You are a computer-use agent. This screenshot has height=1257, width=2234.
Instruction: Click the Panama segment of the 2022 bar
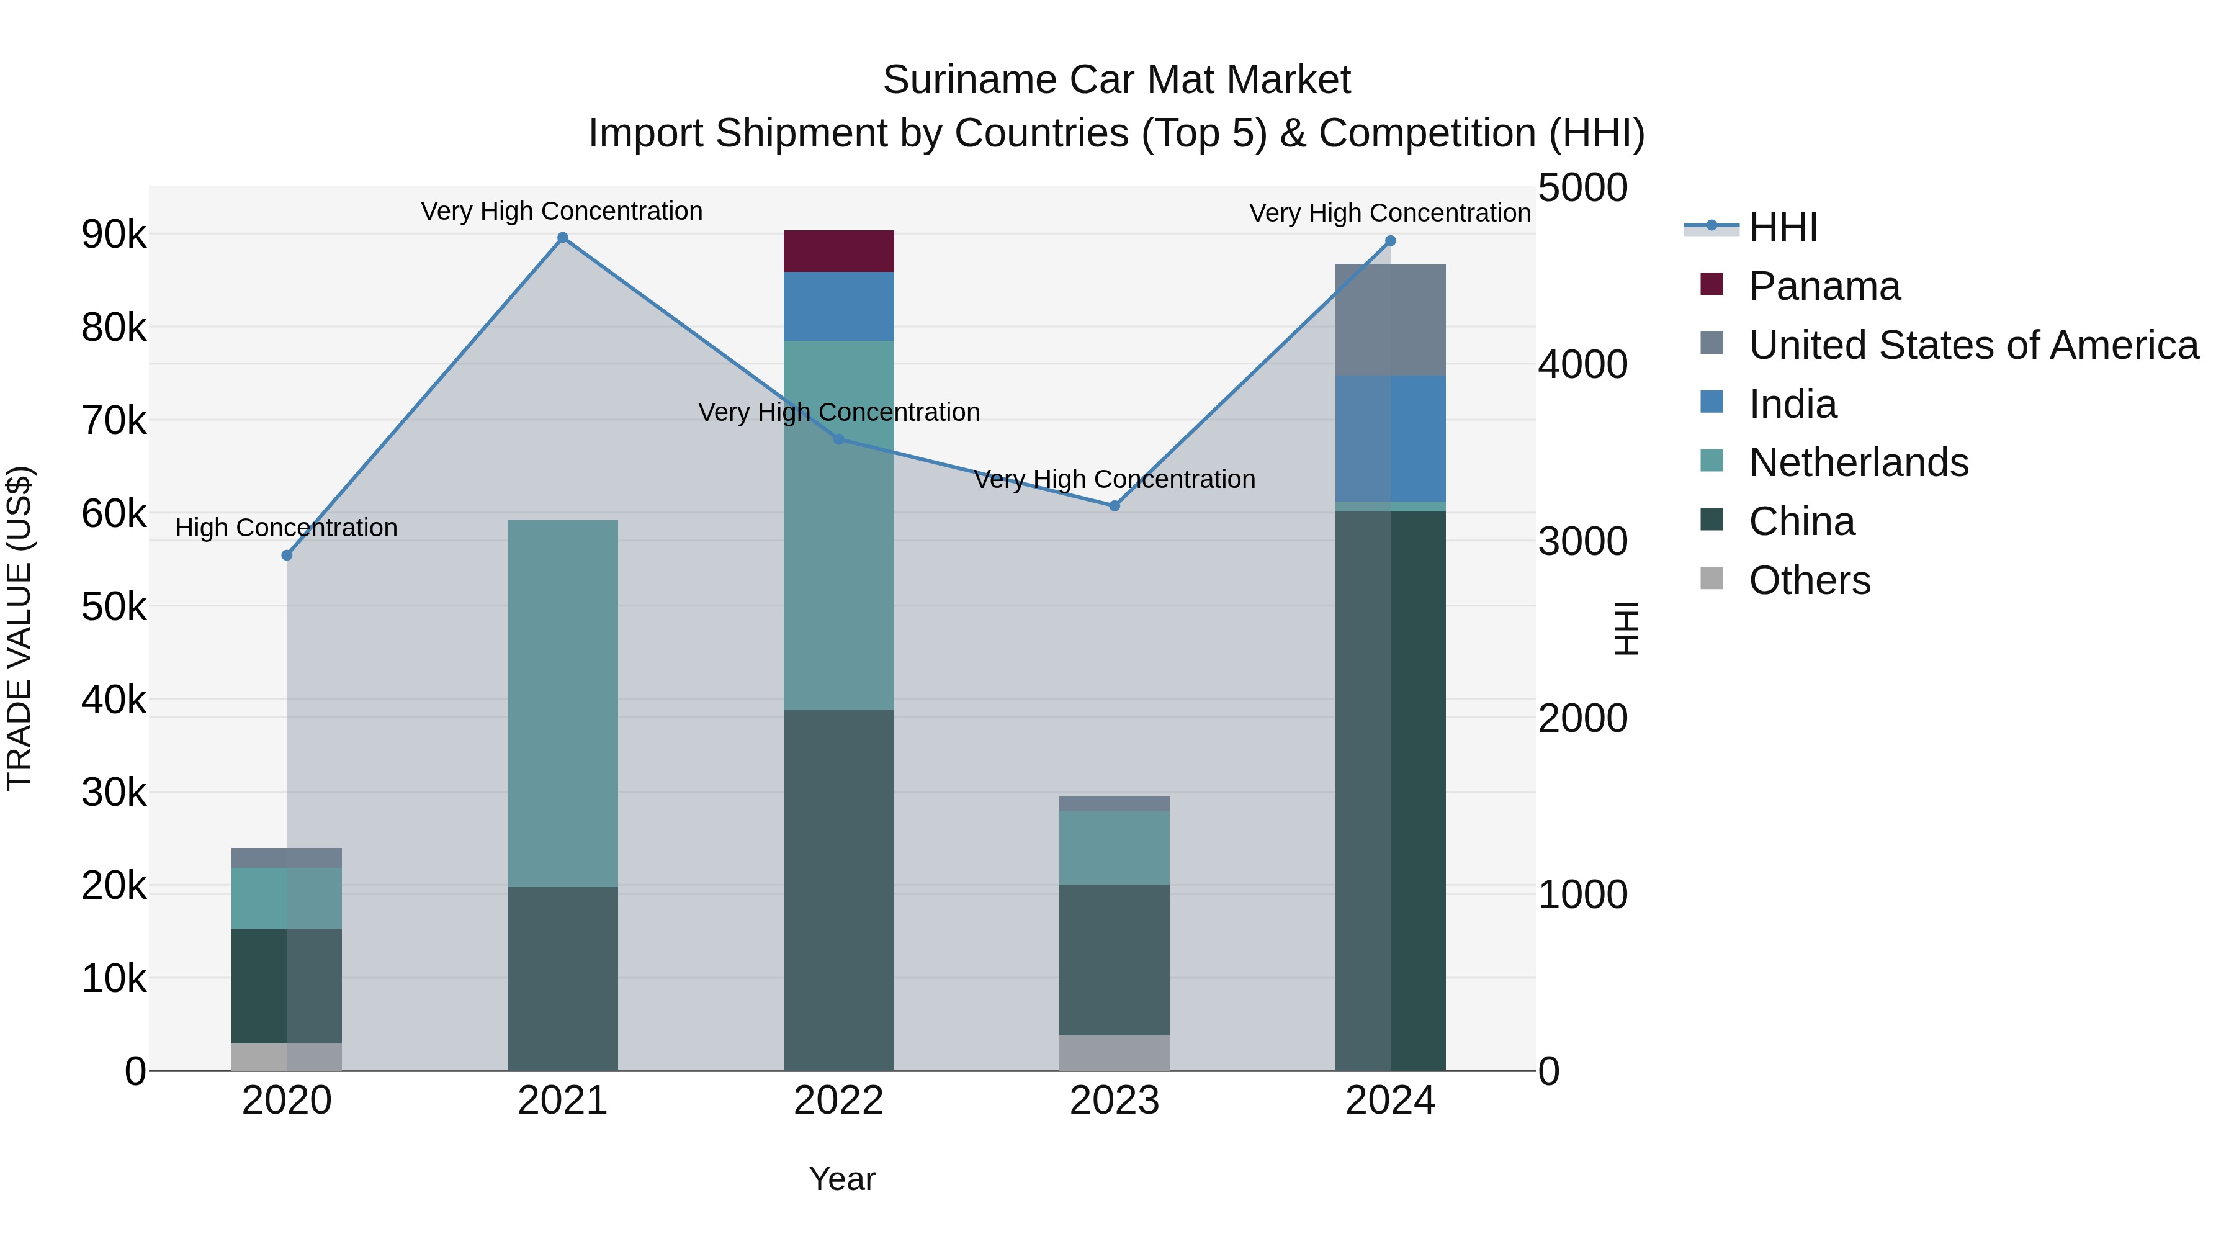[x=838, y=251]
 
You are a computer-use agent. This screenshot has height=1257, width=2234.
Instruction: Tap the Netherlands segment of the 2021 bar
[x=562, y=703]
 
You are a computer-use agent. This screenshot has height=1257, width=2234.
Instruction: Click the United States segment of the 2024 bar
[x=1390, y=319]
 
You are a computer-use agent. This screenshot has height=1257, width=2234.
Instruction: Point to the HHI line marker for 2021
[x=562, y=238]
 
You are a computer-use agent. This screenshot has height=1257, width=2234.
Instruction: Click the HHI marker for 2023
[x=1115, y=506]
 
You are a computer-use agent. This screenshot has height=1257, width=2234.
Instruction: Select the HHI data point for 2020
[x=287, y=555]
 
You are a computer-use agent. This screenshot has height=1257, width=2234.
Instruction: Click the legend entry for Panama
[x=1824, y=286]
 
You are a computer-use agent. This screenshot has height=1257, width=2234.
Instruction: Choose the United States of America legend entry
[x=1973, y=345]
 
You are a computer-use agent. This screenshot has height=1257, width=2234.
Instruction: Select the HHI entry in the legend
[x=1782, y=227]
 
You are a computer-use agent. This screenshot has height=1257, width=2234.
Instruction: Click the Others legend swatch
[x=1711, y=579]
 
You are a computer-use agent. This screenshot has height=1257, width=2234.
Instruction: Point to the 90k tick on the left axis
[x=114, y=234]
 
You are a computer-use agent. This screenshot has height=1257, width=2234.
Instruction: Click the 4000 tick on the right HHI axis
[x=1582, y=364]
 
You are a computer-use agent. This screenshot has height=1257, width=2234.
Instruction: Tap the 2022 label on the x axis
[x=838, y=1101]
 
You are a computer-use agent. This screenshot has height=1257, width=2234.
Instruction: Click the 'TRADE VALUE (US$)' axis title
[x=19, y=628]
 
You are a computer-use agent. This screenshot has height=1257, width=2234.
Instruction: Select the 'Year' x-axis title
[x=841, y=1179]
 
